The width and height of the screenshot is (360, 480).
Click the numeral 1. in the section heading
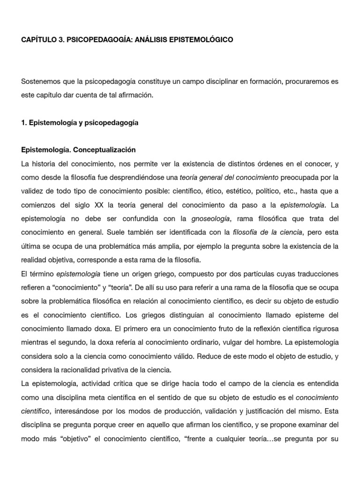click(x=24, y=123)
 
